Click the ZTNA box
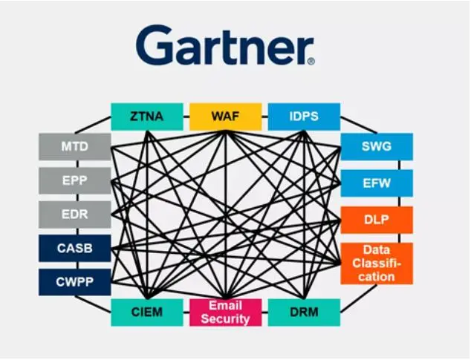[x=147, y=117]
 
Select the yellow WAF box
[x=225, y=117]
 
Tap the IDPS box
[x=303, y=117]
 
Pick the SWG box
[x=376, y=146]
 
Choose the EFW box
[x=376, y=183]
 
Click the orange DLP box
[x=376, y=220]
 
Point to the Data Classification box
[x=376, y=263]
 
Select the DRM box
[x=303, y=312]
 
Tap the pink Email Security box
[x=225, y=312]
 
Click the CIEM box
[x=147, y=312]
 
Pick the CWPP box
[x=74, y=281]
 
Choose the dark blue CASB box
[x=74, y=248]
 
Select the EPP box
[x=74, y=180]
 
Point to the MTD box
[x=74, y=146]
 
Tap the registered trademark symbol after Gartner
[x=311, y=59]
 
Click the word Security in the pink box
[x=225, y=318]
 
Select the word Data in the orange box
[x=376, y=249]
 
